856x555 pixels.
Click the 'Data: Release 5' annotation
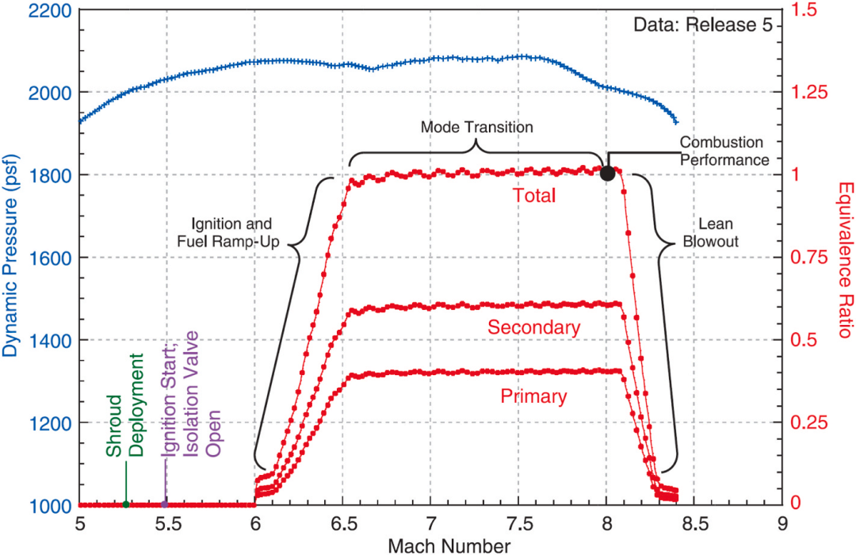click(702, 25)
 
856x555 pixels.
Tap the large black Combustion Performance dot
click(607, 174)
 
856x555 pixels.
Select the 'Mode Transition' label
click(476, 126)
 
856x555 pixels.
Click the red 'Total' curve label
click(534, 195)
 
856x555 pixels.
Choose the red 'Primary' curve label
click(534, 396)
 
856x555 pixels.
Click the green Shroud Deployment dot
click(126, 504)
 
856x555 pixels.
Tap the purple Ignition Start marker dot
click(165, 504)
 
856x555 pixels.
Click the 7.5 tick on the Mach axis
click(518, 525)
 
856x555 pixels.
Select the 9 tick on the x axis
click(782, 525)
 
